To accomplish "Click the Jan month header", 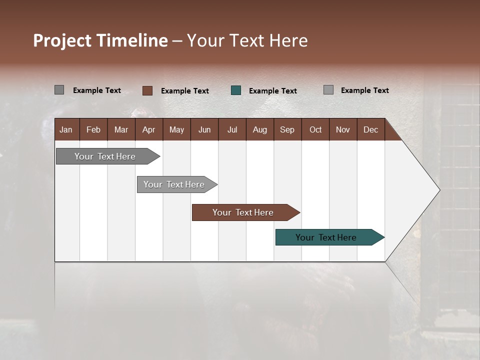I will (x=66, y=130).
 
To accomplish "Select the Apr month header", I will (x=148, y=130).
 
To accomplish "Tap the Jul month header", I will (x=232, y=130).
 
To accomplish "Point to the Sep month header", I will (x=287, y=130).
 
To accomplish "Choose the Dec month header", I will (x=370, y=130).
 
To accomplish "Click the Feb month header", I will (x=93, y=130).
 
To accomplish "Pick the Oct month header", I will (x=315, y=130).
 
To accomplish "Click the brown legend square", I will (x=147, y=90).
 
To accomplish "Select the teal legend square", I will (x=236, y=90).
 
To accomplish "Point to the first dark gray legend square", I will (x=59, y=90).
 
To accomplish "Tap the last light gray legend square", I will (x=328, y=90).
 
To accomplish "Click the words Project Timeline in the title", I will (x=100, y=40).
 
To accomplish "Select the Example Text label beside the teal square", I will (x=272, y=91).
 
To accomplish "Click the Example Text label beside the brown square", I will (x=184, y=91).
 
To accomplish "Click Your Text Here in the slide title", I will (x=247, y=40).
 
